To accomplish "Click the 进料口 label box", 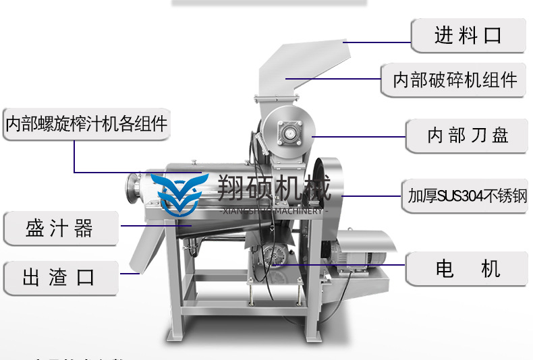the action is pyautogui.click(x=468, y=35).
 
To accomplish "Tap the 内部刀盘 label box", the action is pyautogui.click(x=468, y=135).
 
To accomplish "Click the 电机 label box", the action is pyautogui.click(x=468, y=269).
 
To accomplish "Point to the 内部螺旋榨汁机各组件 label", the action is pyautogui.click(x=86, y=124).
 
